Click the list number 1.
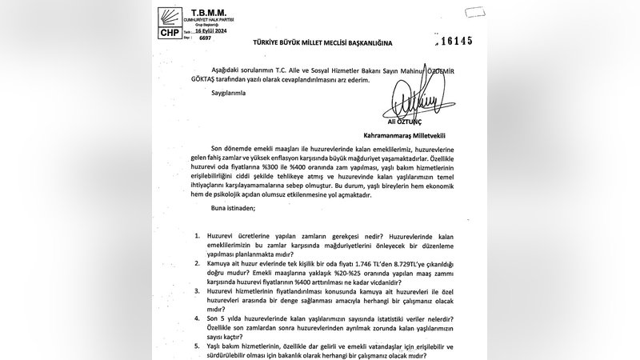point(198,237)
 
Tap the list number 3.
point(198,291)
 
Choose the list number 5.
point(198,346)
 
